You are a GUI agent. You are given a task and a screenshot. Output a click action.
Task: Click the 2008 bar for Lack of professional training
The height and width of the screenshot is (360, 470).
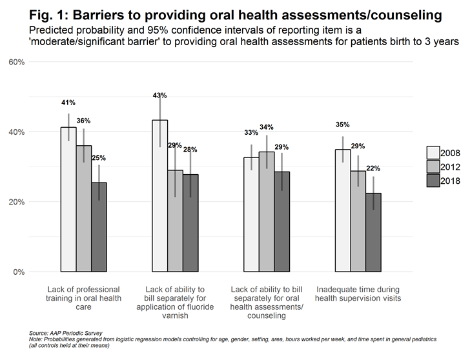pyautogui.click(x=68, y=199)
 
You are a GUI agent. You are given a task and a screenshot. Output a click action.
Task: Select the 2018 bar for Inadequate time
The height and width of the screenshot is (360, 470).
pyautogui.click(x=373, y=232)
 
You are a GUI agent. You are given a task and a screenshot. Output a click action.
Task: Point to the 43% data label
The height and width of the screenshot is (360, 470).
pyautogui.click(x=160, y=95)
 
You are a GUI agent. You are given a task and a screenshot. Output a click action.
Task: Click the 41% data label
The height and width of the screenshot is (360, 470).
pyautogui.click(x=68, y=103)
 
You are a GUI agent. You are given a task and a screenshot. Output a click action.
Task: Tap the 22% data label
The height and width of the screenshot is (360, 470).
pyautogui.click(x=373, y=169)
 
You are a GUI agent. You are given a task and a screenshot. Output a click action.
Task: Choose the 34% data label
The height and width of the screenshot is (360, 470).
pyautogui.click(x=267, y=127)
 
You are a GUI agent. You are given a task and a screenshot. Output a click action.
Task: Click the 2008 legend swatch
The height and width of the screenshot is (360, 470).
pyautogui.click(x=433, y=152)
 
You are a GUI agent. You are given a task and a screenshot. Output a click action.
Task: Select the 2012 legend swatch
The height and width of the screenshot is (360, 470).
pyautogui.click(x=433, y=166)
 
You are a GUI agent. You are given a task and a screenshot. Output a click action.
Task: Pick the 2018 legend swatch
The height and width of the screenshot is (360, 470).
pyautogui.click(x=433, y=181)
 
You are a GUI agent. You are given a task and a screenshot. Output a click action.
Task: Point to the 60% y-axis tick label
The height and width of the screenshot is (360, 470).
pyautogui.click(x=16, y=62)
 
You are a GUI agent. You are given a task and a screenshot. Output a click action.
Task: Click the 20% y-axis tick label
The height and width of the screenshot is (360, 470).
pyautogui.click(x=16, y=202)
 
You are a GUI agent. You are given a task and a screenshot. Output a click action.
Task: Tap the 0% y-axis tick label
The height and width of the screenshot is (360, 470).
pyautogui.click(x=19, y=272)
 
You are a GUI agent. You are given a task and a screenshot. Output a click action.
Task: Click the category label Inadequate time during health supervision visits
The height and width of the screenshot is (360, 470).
pyautogui.click(x=358, y=294)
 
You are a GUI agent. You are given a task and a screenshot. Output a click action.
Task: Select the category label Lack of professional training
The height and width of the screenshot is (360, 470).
pyautogui.click(x=84, y=298)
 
